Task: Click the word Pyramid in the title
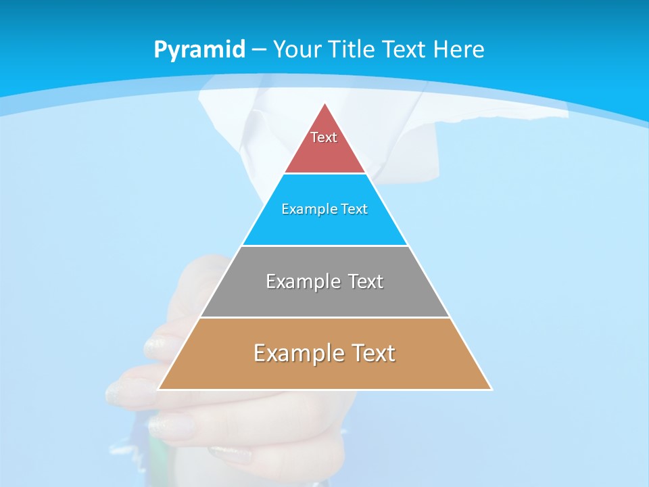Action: pos(199,49)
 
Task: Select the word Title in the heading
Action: pos(353,49)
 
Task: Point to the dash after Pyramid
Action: pos(258,50)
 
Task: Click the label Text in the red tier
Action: pos(324,137)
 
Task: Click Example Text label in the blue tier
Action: pos(324,209)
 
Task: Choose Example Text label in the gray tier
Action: pos(324,281)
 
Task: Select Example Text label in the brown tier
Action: pos(324,353)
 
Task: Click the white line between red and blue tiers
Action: pos(324,174)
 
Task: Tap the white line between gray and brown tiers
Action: pos(324,317)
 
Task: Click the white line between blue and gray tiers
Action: pos(324,246)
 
